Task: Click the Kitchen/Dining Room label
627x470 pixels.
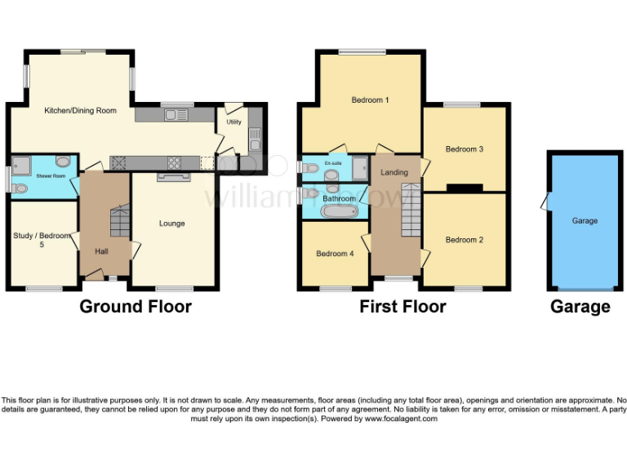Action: coord(80,110)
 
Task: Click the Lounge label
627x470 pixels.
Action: coord(171,224)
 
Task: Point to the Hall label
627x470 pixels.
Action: coord(101,251)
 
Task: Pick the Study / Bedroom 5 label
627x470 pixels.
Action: coord(42,240)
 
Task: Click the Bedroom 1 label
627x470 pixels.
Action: coord(370,100)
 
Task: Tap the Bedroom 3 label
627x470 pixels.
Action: coord(465,149)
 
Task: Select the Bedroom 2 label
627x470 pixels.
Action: coord(465,240)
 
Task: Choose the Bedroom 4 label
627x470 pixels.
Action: coord(335,254)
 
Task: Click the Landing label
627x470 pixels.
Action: coord(394,172)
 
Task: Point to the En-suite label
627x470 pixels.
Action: coord(333,163)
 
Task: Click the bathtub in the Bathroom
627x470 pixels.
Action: coord(339,212)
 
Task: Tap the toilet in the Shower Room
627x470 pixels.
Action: coord(20,188)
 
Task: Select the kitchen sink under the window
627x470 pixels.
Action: coord(175,115)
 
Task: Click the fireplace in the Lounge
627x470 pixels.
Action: coord(172,175)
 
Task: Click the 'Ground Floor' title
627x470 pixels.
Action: coord(136,307)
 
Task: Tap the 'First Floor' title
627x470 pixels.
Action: coord(402,307)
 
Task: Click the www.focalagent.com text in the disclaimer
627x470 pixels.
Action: coord(400,419)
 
